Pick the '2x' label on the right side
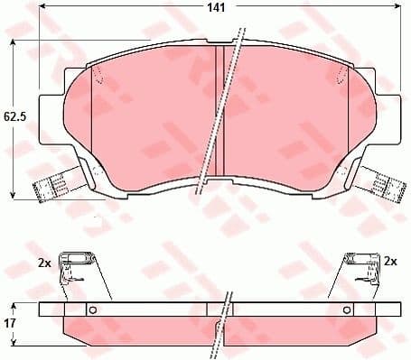coord(391,261)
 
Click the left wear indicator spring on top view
coord(47,189)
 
